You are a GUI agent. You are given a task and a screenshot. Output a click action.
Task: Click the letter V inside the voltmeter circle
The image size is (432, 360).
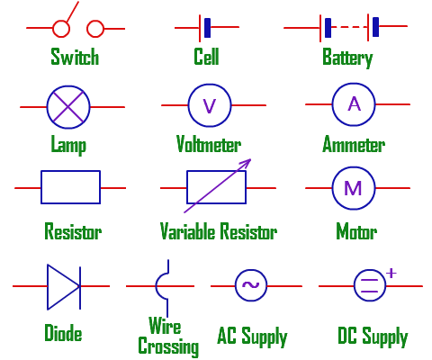point(210,105)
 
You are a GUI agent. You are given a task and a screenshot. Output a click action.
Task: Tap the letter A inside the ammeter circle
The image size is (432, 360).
point(354,104)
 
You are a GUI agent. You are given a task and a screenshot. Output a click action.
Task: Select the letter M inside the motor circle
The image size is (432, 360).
point(354,189)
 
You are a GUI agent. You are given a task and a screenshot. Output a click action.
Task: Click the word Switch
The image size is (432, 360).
point(75,58)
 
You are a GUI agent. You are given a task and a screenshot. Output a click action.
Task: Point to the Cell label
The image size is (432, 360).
point(206,58)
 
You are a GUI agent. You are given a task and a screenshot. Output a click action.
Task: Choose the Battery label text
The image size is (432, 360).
point(347,58)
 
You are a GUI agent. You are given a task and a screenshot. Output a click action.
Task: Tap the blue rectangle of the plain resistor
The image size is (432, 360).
point(71,188)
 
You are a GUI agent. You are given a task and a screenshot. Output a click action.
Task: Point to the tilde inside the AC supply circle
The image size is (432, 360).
point(250,286)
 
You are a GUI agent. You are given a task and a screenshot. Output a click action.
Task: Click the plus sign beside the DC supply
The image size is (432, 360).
point(391,271)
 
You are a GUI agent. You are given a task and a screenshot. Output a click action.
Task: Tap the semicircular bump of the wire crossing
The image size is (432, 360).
point(161,285)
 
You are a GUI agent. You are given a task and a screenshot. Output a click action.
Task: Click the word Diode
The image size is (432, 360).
point(63,334)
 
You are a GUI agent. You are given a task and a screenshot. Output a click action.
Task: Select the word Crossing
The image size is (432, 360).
point(167,346)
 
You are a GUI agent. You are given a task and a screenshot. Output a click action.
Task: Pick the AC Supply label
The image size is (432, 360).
point(252,337)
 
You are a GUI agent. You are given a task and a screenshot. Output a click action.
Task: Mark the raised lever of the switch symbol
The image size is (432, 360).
point(69,15)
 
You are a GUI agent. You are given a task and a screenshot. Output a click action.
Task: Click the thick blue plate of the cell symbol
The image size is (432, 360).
point(208,28)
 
